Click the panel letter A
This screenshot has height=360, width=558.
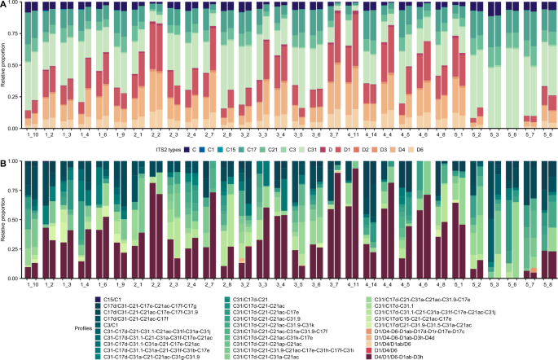pos(4,4)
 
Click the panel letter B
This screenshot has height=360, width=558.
pos(4,161)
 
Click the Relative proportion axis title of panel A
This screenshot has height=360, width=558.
pos(6,65)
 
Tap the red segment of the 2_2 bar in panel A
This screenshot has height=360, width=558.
pos(155,45)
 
